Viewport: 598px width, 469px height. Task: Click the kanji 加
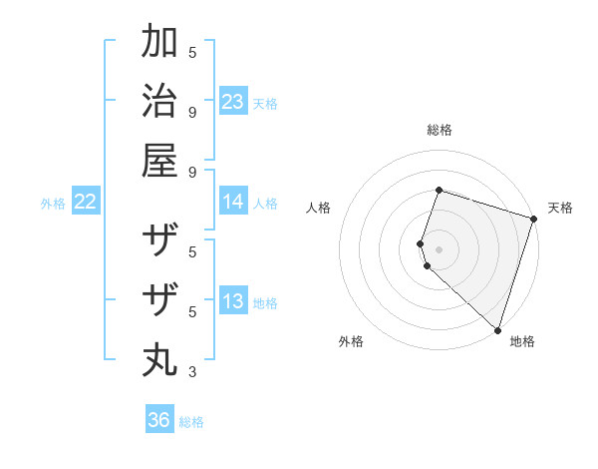pos(159,43)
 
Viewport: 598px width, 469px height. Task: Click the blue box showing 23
pos(233,101)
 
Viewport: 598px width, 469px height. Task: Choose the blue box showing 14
pos(233,202)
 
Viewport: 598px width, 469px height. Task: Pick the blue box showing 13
pos(233,301)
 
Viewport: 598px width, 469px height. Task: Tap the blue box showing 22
pos(86,202)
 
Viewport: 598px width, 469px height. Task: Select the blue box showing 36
pos(159,420)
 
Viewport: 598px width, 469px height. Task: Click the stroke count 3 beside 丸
pos(192,372)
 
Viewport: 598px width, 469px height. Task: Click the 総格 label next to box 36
pos(191,422)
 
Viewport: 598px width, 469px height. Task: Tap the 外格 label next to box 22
pos(53,204)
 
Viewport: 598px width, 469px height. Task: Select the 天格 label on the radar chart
pos(560,208)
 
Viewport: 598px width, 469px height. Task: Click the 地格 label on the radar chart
pos(522,341)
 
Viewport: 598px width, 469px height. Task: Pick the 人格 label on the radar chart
pos(319,208)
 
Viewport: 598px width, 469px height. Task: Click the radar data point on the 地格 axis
pos(496,329)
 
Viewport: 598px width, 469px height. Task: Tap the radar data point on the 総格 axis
pos(439,190)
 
